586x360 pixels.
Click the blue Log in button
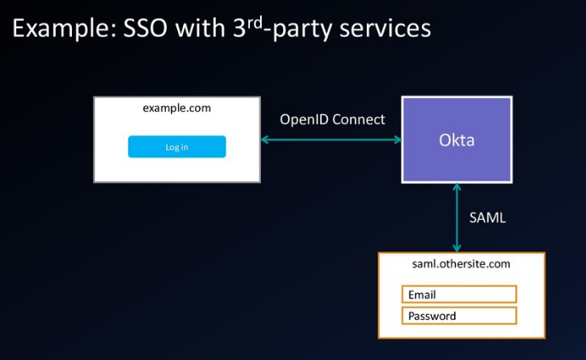[x=177, y=147]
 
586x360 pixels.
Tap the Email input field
[x=459, y=295]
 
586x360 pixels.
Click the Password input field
[x=459, y=316]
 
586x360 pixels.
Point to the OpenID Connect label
[x=332, y=120]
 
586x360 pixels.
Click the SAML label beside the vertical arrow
[x=488, y=218]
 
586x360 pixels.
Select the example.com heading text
[x=177, y=109]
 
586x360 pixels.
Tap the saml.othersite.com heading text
[x=461, y=264]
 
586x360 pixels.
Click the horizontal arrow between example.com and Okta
[x=331, y=139]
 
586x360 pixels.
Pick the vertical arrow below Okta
[x=457, y=218]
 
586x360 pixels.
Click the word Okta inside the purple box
[x=457, y=139]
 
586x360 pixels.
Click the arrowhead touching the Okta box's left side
[x=397, y=139]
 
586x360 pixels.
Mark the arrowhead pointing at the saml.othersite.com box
[x=457, y=248]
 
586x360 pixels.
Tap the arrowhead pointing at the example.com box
[x=265, y=139]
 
